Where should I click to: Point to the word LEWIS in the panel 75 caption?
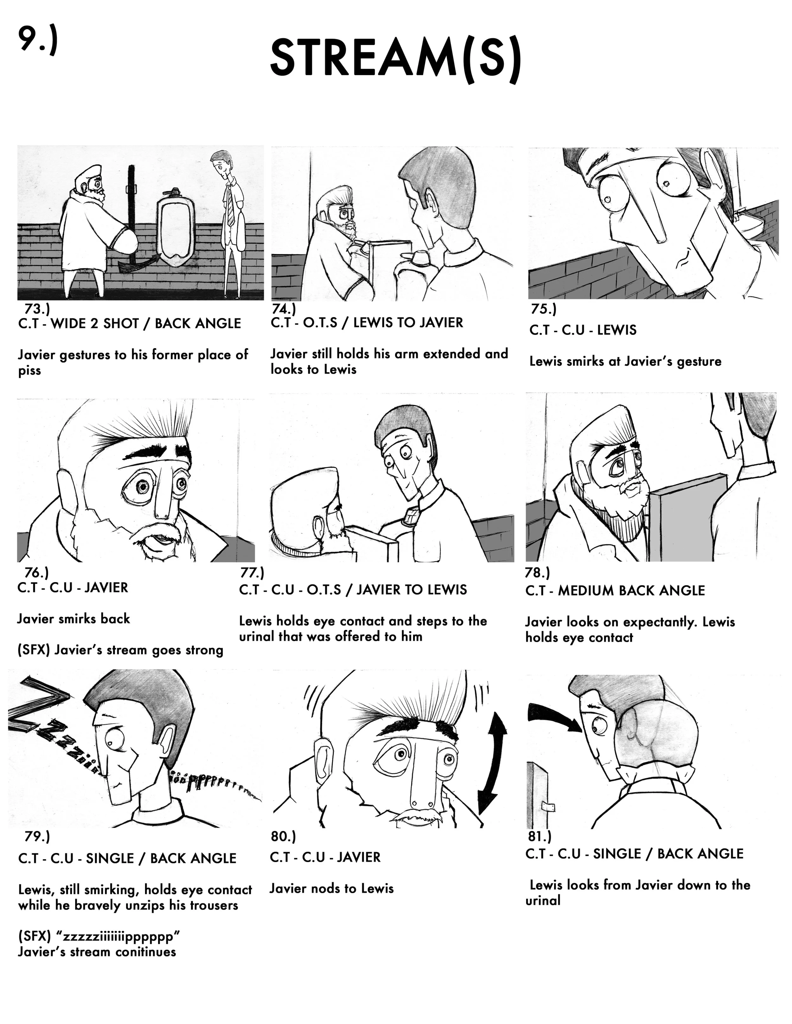pos(617,330)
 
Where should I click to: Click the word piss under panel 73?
pos(29,371)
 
